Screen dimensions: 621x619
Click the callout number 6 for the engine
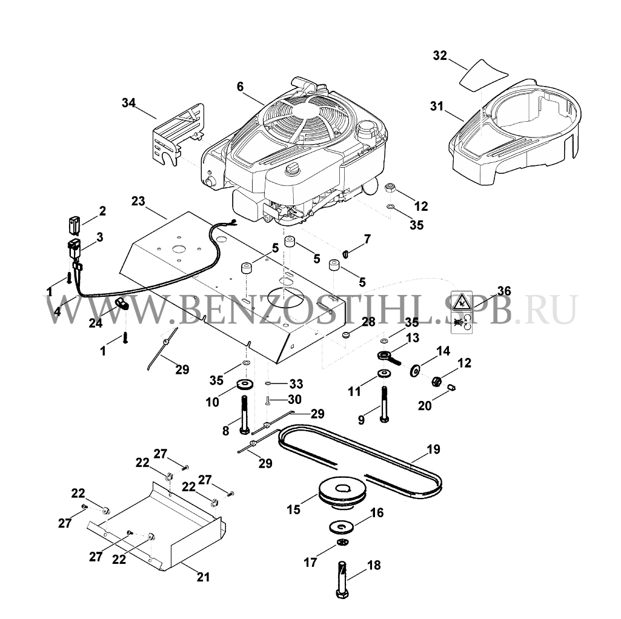(241, 87)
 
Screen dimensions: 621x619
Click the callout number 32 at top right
(440, 56)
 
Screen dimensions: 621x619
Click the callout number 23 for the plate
(138, 201)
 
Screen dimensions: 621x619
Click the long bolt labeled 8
(244, 414)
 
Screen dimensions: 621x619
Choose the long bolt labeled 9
(384, 404)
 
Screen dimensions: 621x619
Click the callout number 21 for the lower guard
(203, 577)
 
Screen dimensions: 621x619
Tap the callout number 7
(367, 239)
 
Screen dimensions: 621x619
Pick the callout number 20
(425, 406)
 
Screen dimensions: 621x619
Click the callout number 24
(96, 323)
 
